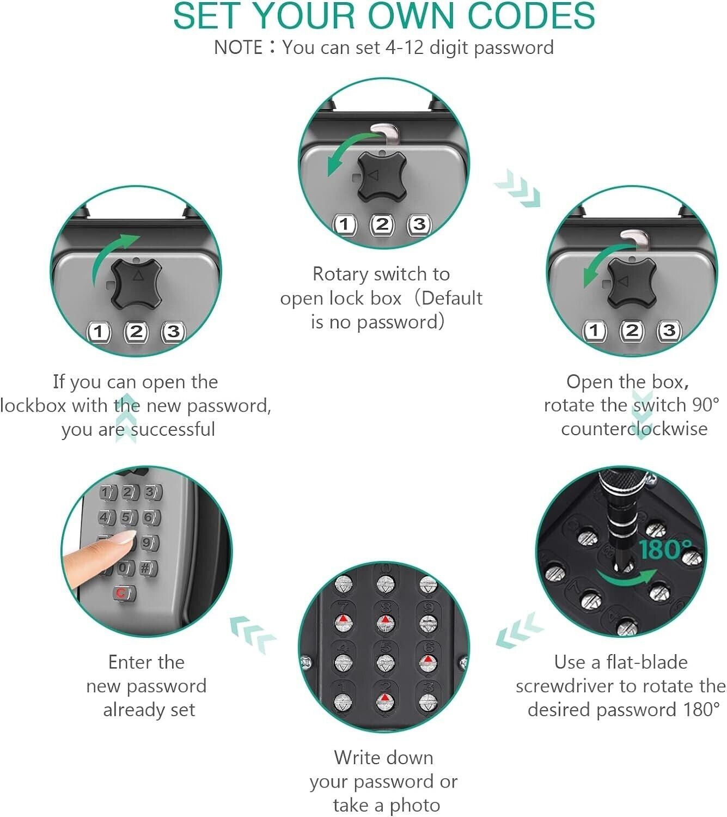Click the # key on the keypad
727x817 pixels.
[x=147, y=568]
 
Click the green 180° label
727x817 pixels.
[x=665, y=550]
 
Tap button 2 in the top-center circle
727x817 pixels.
[x=382, y=224]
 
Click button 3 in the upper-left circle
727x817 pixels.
[x=173, y=332]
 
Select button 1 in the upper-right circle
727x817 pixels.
[x=594, y=331]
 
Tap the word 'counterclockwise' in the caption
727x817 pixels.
[x=634, y=429]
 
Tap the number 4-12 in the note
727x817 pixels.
[x=404, y=48]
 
